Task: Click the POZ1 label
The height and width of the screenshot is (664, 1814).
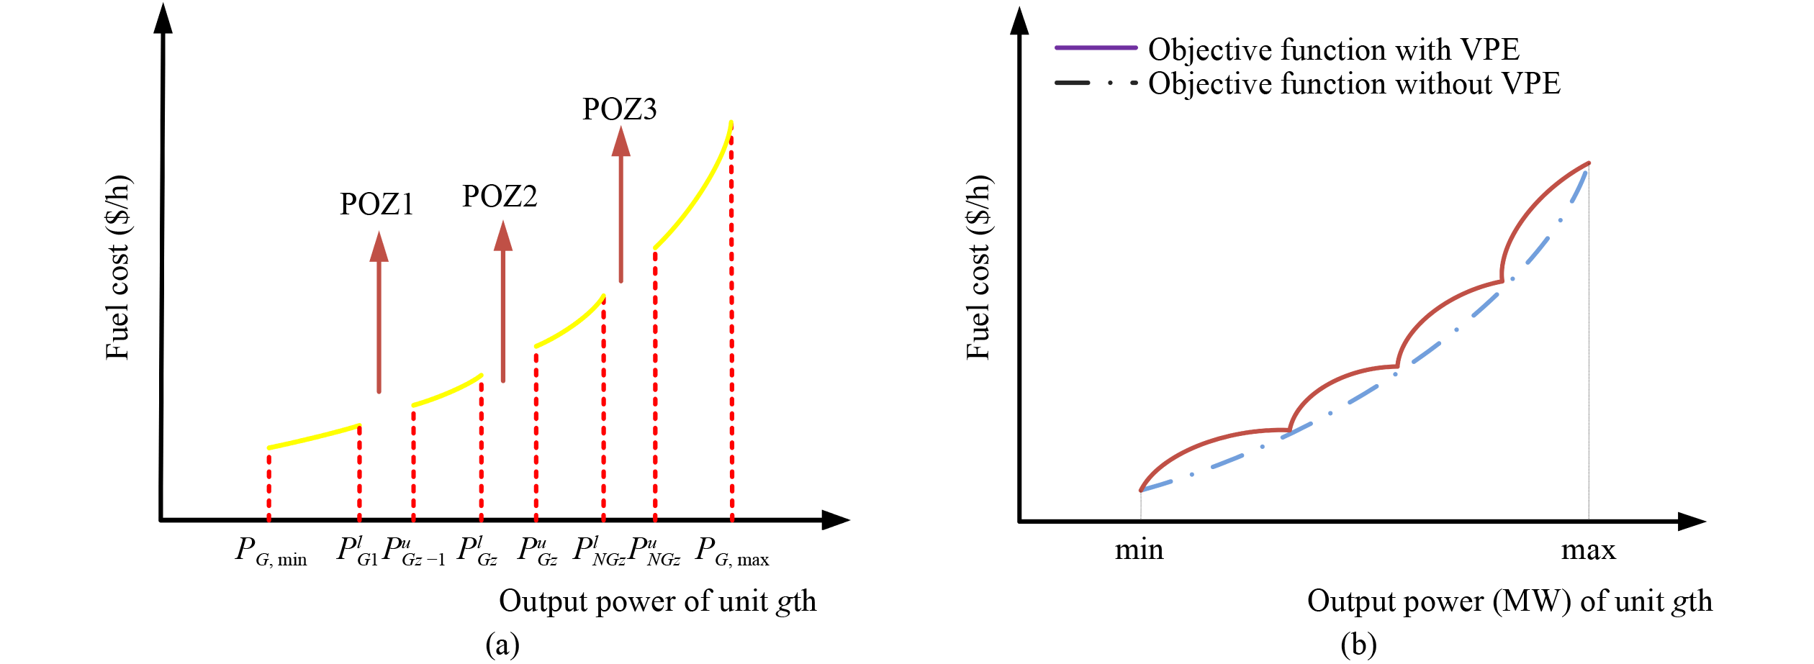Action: pos(376,204)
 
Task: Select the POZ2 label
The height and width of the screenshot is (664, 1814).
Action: pos(500,196)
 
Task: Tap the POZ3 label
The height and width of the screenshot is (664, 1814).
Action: pos(619,109)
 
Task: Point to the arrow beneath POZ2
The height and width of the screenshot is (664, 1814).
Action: pos(502,302)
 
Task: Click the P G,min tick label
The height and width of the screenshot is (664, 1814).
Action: pos(271,552)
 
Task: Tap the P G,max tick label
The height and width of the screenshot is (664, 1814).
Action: pos(732,552)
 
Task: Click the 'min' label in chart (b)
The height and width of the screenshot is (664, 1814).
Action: pos(1139,550)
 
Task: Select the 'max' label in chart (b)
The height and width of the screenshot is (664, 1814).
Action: pos(1588,550)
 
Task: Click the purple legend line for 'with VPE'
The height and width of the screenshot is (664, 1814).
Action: pos(1095,48)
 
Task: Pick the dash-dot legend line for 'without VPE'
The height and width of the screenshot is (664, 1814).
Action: pos(1095,83)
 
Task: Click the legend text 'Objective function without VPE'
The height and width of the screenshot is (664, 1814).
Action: pos(1353,83)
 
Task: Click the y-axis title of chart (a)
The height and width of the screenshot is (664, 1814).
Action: pos(118,268)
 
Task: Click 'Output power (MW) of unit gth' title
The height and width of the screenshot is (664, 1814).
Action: pos(1509,601)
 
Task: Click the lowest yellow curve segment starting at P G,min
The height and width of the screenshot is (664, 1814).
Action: pos(314,437)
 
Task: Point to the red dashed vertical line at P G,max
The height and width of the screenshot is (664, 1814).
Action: pos(731,324)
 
